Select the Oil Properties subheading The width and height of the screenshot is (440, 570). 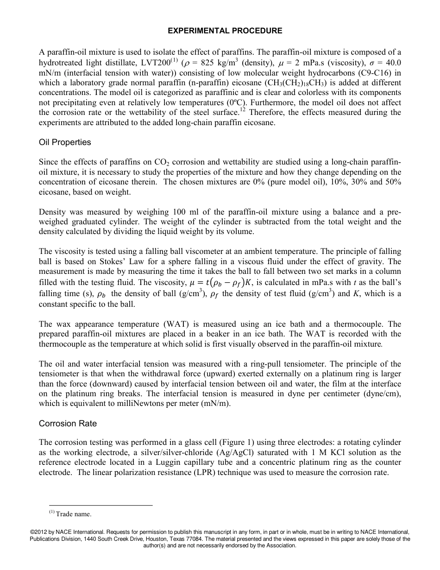tap(65, 142)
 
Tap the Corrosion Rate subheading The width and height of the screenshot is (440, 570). tap(68, 423)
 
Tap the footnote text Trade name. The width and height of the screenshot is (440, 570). tap(74, 514)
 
